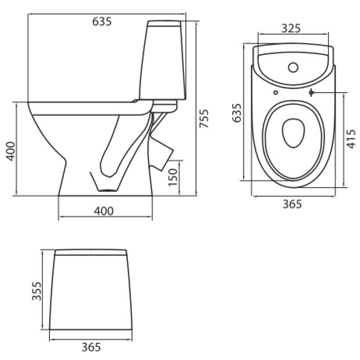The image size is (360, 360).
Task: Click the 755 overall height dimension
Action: pyautogui.click(x=204, y=118)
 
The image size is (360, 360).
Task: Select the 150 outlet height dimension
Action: pyautogui.click(x=173, y=177)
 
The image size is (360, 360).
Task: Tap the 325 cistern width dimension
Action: pyautogui.click(x=291, y=28)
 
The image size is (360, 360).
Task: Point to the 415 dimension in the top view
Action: pyautogui.click(x=351, y=139)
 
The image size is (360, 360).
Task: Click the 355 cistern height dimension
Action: pyautogui.click(x=36, y=291)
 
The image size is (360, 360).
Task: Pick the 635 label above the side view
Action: pyautogui.click(x=102, y=22)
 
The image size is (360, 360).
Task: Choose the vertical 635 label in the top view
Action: pyautogui.click(x=237, y=113)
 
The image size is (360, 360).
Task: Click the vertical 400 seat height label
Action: pyautogui.click(x=10, y=151)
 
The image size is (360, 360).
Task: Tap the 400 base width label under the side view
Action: pyautogui.click(x=104, y=211)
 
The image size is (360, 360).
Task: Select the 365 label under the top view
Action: pyautogui.click(x=292, y=204)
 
